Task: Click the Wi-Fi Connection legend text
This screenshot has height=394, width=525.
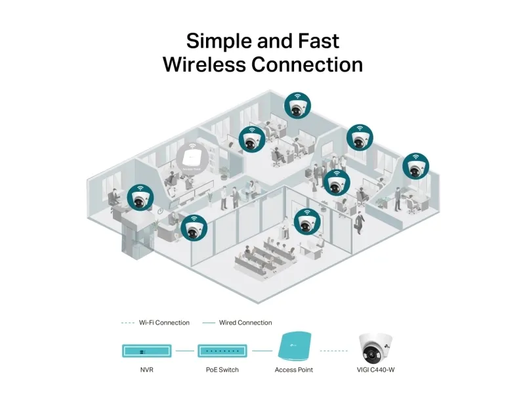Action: (x=164, y=323)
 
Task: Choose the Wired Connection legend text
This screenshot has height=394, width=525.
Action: (x=246, y=323)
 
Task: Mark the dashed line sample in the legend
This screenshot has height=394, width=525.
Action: (x=128, y=323)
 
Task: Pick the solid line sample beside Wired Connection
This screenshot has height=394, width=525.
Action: (x=209, y=323)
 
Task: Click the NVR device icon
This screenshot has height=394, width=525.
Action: (x=147, y=350)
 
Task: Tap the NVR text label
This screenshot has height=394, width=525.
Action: (x=147, y=370)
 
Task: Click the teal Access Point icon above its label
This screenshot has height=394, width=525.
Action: (x=294, y=347)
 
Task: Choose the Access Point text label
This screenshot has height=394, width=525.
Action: (x=294, y=370)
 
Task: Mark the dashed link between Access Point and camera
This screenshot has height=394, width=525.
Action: (x=334, y=351)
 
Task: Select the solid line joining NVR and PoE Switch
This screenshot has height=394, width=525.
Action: (x=185, y=351)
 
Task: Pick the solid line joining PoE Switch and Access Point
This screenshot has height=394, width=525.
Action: (x=262, y=351)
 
